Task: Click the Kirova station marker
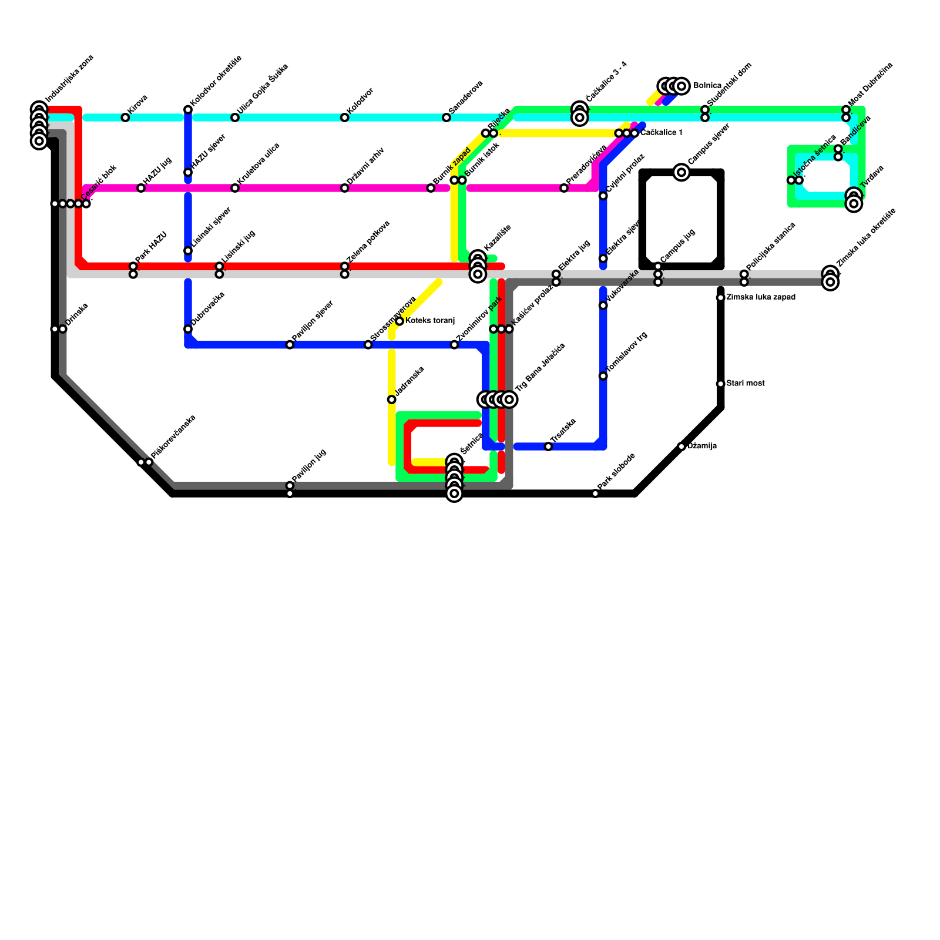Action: point(125,117)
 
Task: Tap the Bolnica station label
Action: point(707,86)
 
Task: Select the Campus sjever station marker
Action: point(681,172)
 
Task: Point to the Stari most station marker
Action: point(720,384)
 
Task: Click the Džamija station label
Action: point(701,446)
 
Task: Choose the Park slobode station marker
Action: point(595,493)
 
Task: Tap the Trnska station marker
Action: point(548,446)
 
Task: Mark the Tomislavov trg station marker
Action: point(603,376)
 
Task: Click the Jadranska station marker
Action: point(391,399)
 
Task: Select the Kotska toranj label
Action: point(430,321)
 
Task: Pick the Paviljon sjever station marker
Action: point(290,344)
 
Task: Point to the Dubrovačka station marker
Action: point(188,329)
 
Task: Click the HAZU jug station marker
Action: point(141,188)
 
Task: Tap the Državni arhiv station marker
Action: point(344,188)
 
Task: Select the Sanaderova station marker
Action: point(446,117)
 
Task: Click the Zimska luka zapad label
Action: point(761,297)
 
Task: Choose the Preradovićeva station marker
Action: point(564,188)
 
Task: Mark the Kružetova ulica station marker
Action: point(235,188)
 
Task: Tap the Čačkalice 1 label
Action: point(662,133)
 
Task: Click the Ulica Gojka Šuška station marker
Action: point(235,117)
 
